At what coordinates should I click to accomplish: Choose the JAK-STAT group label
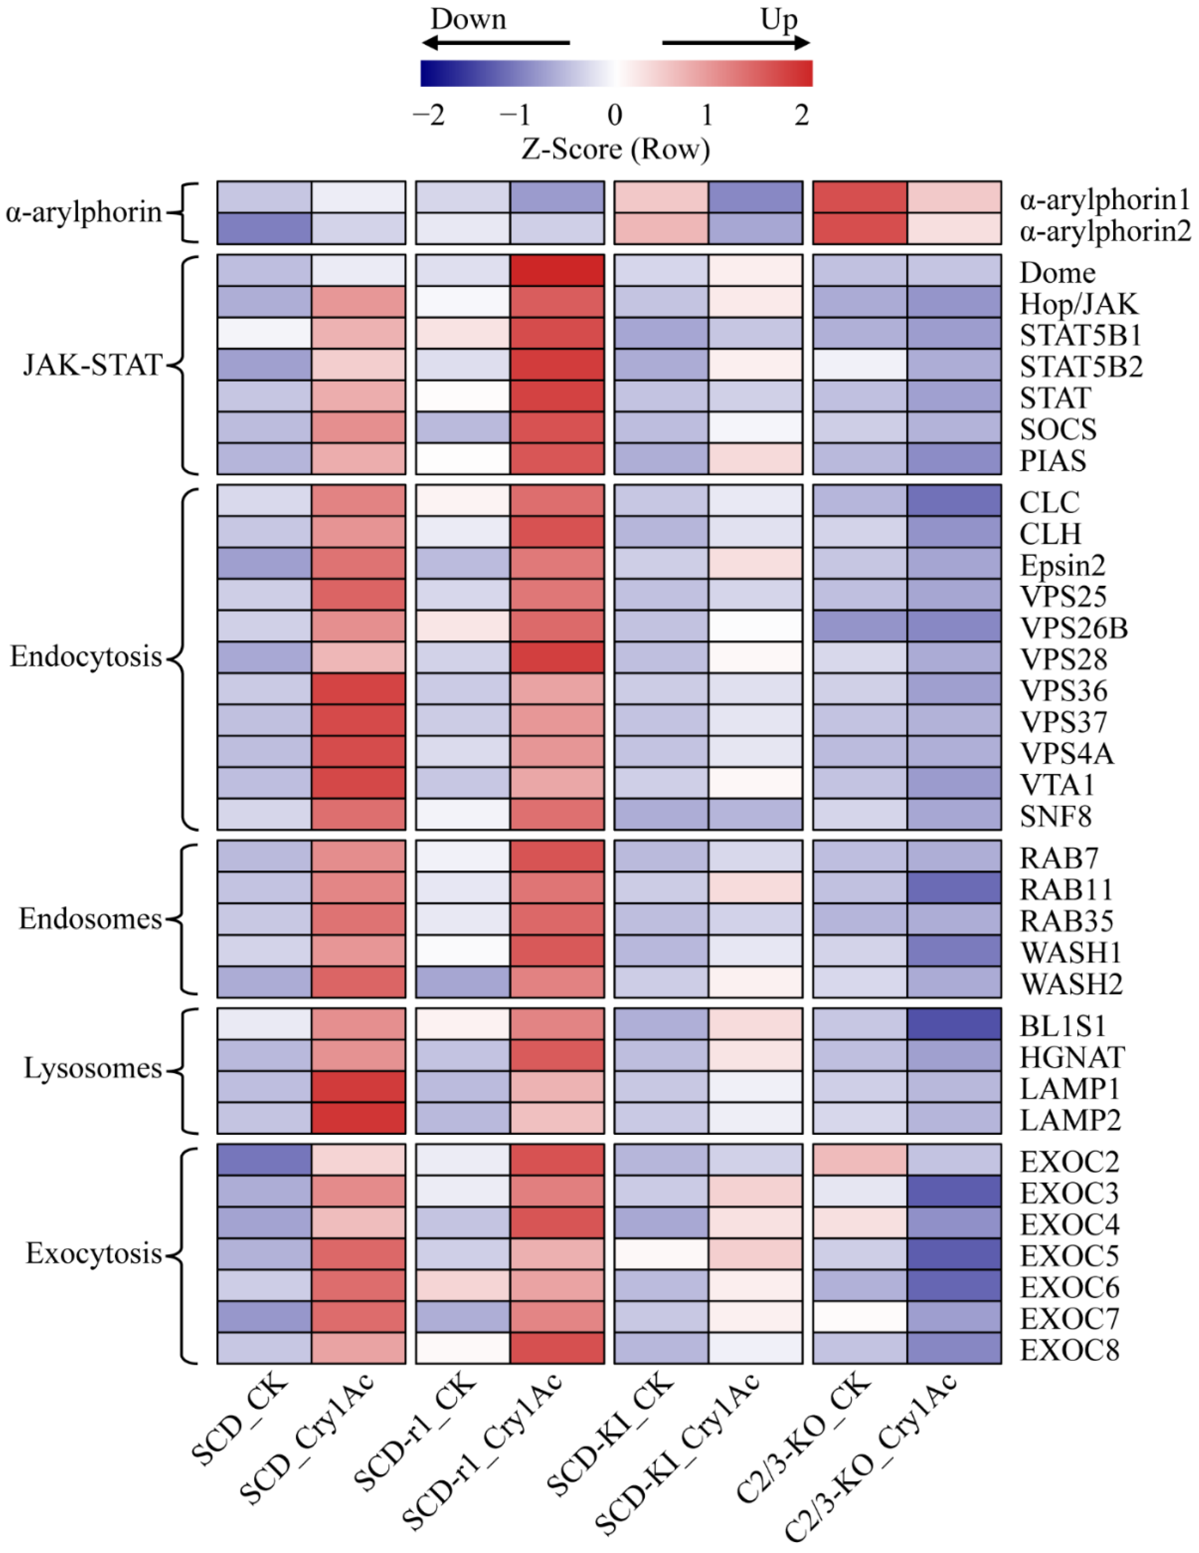93,365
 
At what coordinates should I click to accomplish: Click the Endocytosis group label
85,656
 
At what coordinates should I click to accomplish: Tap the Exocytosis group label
94,1253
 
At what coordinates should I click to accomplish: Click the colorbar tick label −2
429,115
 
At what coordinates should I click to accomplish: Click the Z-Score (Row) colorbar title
616,149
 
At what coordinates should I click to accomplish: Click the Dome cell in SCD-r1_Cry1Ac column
557,270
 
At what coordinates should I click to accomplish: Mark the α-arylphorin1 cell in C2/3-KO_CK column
860,197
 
